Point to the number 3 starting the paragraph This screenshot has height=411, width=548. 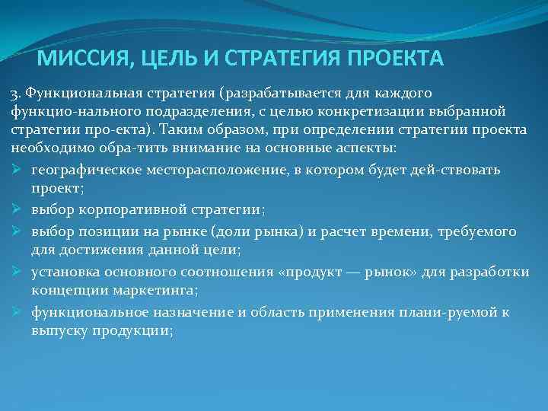(14, 94)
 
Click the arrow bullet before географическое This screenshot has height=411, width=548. (18, 169)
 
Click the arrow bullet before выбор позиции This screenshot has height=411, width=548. (18, 231)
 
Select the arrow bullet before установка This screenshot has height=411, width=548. (18, 271)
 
